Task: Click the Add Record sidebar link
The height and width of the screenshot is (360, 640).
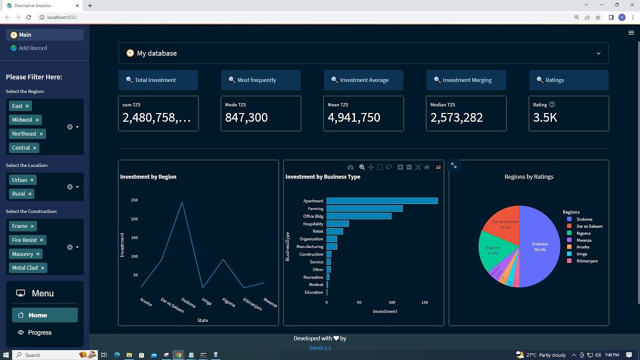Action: click(32, 48)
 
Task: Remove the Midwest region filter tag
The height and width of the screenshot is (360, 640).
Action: click(37, 120)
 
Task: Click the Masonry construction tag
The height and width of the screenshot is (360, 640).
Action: click(22, 254)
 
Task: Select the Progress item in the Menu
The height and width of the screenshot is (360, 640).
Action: click(39, 332)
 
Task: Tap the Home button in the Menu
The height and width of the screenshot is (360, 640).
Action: click(37, 315)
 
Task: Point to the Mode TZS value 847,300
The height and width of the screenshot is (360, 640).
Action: click(246, 117)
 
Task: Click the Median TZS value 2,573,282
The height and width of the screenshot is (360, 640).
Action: click(456, 117)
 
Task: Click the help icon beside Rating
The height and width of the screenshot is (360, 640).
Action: click(552, 104)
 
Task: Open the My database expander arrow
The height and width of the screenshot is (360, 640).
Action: click(598, 53)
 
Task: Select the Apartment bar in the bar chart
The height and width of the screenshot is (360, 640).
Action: click(382, 201)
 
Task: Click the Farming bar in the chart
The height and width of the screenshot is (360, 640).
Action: click(364, 208)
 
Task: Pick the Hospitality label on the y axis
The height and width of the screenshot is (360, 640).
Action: click(313, 224)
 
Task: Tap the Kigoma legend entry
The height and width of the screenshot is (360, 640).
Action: click(583, 233)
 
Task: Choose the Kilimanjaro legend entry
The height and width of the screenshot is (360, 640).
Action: click(587, 261)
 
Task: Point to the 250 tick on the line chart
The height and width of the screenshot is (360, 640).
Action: click(134, 200)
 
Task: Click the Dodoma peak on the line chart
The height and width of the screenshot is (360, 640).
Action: click(182, 202)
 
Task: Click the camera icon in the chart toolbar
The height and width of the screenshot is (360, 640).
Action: click(350, 167)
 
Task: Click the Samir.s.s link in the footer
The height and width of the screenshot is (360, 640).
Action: click(320, 347)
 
